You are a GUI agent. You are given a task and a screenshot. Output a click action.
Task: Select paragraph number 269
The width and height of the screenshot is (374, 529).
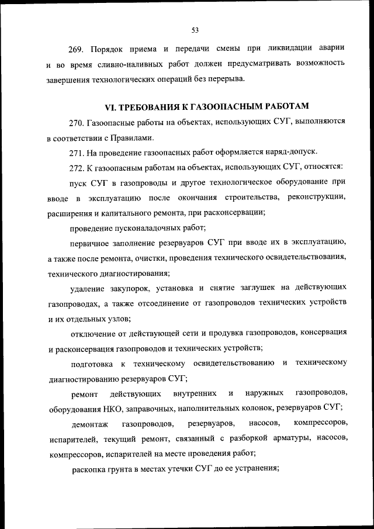pyautogui.click(x=77, y=47)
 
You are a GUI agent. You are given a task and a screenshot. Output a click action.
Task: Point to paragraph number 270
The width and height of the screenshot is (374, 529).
pyautogui.click(x=77, y=123)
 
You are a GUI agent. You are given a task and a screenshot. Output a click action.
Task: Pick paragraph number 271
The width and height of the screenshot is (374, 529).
pyautogui.click(x=77, y=153)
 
